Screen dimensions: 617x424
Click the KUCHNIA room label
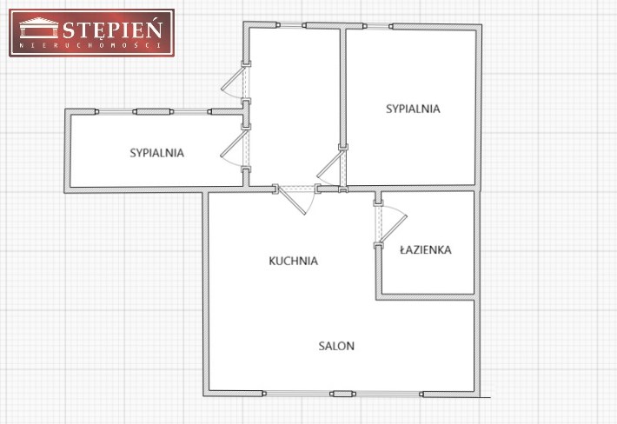pyautogui.click(x=293, y=261)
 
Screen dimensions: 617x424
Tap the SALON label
pyautogui.click(x=336, y=346)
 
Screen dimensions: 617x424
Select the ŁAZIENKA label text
pyautogui.click(x=426, y=249)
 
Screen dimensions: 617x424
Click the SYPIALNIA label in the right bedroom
pyautogui.click(x=413, y=109)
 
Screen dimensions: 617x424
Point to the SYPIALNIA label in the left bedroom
pyautogui.click(x=157, y=153)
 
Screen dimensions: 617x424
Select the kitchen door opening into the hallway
pyautogui.click(x=296, y=199)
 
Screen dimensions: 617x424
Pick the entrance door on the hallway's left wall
pyautogui.click(x=236, y=83)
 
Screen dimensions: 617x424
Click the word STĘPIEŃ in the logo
pyautogui.click(x=113, y=29)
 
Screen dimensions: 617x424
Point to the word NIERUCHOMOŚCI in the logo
pyautogui.click(x=90, y=46)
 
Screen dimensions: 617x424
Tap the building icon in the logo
pyautogui.click(x=38, y=28)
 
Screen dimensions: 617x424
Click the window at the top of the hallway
pyautogui.click(x=291, y=25)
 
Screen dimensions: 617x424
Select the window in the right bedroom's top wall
pyautogui.click(x=378, y=26)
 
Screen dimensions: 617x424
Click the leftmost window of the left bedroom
pyautogui.click(x=116, y=112)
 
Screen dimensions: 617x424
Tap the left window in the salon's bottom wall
pyautogui.click(x=297, y=394)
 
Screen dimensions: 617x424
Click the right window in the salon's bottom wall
pyautogui.click(x=388, y=394)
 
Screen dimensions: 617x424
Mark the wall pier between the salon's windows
pyautogui.click(x=342, y=394)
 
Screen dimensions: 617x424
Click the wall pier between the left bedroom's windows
pyautogui.click(x=154, y=112)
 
